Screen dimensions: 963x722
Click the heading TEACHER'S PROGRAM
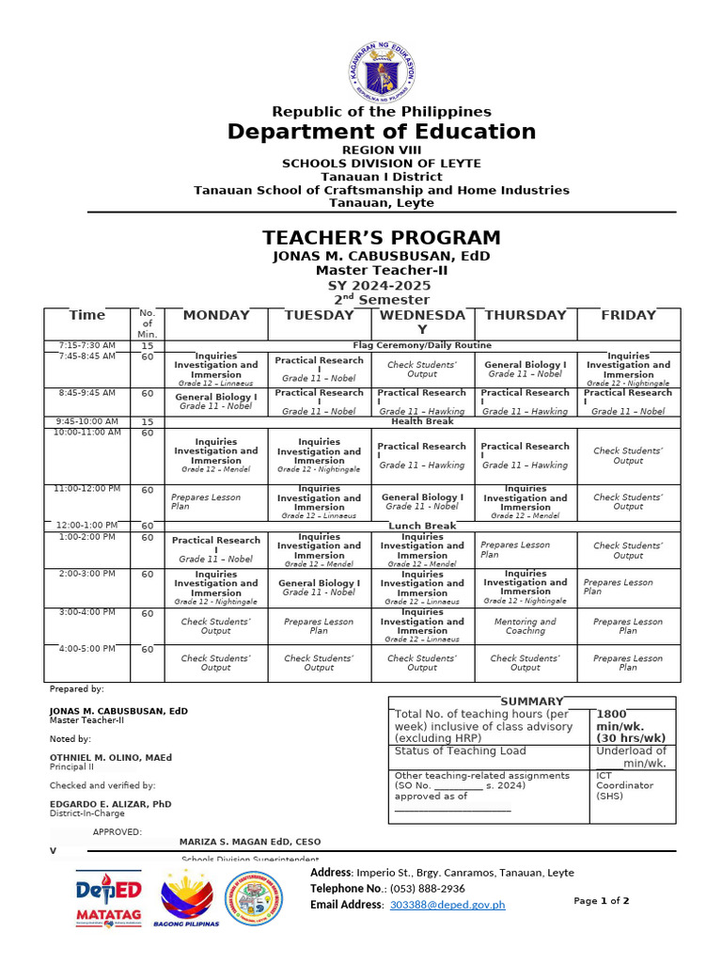(381, 238)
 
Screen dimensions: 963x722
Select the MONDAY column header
(216, 316)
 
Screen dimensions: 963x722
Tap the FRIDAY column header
(628, 316)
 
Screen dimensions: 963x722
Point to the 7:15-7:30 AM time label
(86, 345)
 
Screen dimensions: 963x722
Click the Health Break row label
(422, 422)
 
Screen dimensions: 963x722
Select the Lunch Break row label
(422, 526)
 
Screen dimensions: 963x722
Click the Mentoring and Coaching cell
(525, 626)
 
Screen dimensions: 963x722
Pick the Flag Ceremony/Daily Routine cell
(422, 346)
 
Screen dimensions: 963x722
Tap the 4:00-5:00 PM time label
(86, 649)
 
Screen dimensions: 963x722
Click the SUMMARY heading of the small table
(532, 702)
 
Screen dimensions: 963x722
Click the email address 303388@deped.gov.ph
(447, 905)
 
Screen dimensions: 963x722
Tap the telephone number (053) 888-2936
(428, 889)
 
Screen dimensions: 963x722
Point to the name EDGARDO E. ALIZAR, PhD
(111, 804)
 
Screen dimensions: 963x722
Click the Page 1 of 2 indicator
(602, 901)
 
